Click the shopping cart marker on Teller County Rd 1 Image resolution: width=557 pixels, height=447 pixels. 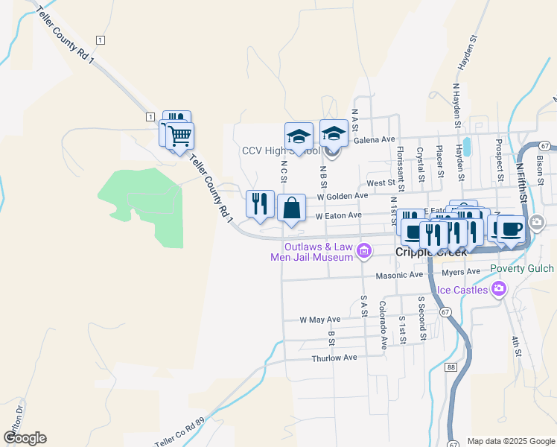[x=179, y=136]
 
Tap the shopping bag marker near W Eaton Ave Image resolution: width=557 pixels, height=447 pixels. [x=291, y=208]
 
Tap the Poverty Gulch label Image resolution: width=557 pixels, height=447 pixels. [x=522, y=269]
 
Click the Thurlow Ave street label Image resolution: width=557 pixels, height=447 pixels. [x=334, y=358]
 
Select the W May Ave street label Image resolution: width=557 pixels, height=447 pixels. [x=319, y=319]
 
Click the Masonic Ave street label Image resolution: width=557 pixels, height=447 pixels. [x=399, y=275]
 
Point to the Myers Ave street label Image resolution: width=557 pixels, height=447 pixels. [x=462, y=272]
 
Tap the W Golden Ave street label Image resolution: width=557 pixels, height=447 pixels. [x=343, y=196]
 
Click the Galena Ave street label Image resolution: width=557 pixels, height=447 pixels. [x=374, y=139]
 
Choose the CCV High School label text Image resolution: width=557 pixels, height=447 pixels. [x=281, y=150]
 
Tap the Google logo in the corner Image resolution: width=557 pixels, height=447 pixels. [x=25, y=438]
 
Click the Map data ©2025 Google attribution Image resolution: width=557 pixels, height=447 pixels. [x=510, y=441]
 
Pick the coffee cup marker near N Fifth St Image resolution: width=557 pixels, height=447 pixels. [x=510, y=229]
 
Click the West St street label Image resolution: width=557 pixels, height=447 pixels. [x=381, y=183]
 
